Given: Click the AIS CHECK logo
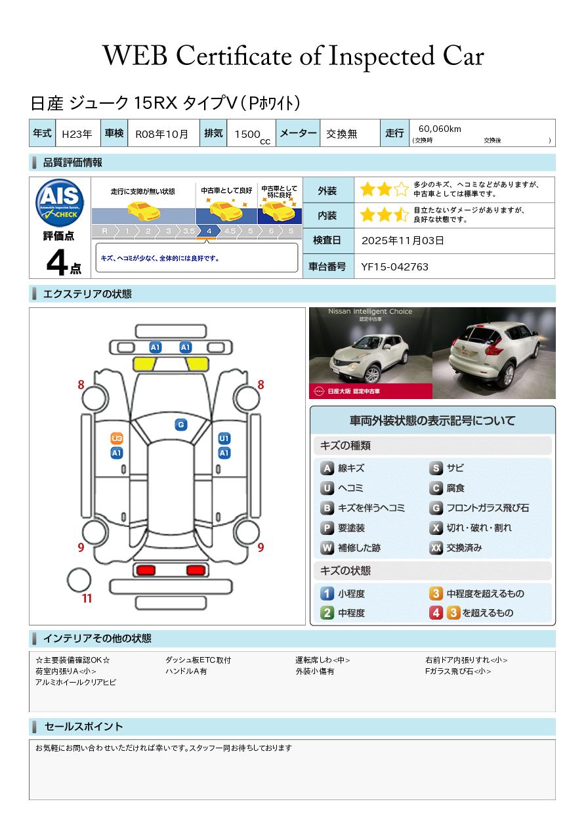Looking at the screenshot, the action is (x=60, y=202).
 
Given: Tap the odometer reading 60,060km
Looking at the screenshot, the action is (x=440, y=129).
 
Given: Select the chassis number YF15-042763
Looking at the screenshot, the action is (x=395, y=267).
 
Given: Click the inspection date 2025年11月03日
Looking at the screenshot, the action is (x=402, y=240).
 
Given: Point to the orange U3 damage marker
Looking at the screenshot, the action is (x=117, y=438).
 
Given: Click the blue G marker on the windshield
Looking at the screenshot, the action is (x=181, y=425).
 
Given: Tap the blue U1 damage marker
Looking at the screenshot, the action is (x=224, y=438).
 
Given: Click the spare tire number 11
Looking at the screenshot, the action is (x=87, y=598).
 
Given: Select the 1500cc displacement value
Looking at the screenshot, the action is (x=252, y=136).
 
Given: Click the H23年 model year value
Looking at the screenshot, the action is (x=77, y=134).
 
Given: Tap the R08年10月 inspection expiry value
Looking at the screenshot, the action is (x=161, y=134).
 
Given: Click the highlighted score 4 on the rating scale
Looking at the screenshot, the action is (x=209, y=231).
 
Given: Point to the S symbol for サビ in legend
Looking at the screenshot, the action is (x=436, y=468).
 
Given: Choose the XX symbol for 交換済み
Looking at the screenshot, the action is (x=436, y=547).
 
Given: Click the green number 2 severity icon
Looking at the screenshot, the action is (x=327, y=613).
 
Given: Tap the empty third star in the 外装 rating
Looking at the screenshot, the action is (x=401, y=189).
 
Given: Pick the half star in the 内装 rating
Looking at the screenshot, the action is (x=401, y=215).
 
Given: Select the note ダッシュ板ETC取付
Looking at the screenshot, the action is (x=198, y=660).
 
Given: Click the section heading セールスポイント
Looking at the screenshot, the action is (x=83, y=727).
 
